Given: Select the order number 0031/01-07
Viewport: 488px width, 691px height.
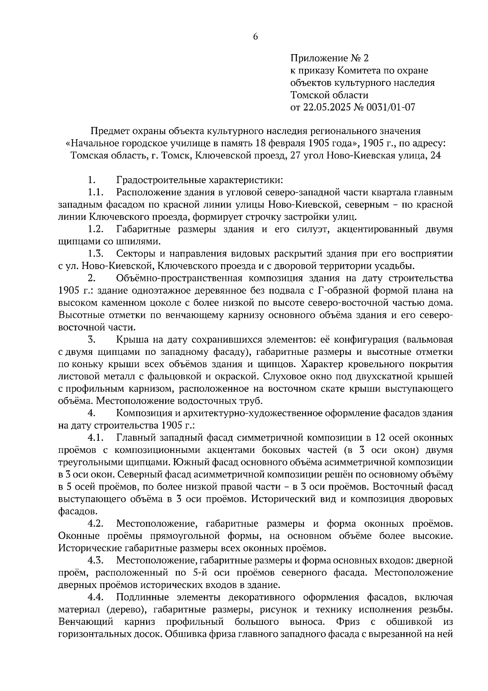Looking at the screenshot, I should click(390, 107).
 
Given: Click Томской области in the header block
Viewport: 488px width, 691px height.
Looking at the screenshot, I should click(329, 95).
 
